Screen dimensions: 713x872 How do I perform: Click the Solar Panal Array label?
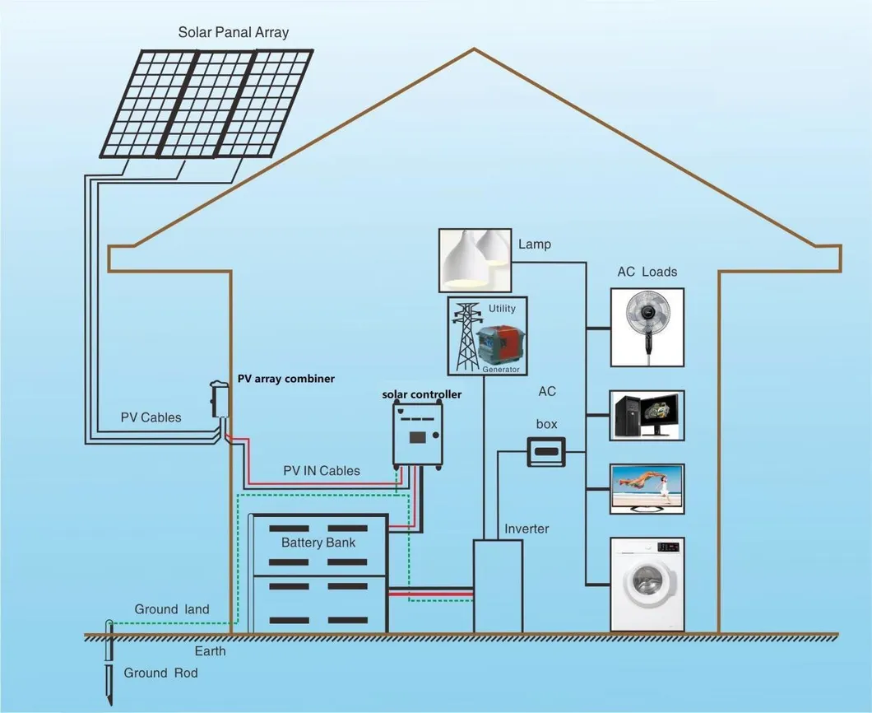tap(234, 33)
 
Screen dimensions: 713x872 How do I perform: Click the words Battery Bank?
tap(318, 543)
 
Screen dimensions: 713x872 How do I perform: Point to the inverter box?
tap(498, 585)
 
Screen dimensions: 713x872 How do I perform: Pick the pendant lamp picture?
tap(473, 259)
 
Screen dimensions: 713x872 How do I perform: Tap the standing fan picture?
tap(647, 327)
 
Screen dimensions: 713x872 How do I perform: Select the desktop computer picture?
tap(647, 416)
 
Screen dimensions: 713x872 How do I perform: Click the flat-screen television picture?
tap(647, 489)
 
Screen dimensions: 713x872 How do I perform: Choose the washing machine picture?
tap(647, 585)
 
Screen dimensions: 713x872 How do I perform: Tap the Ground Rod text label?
tap(160, 673)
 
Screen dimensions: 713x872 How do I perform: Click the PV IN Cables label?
tap(322, 471)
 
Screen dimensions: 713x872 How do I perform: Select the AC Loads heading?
tap(647, 272)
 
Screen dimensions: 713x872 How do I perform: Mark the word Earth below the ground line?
tap(210, 651)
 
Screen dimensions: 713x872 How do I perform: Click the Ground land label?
tap(172, 609)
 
